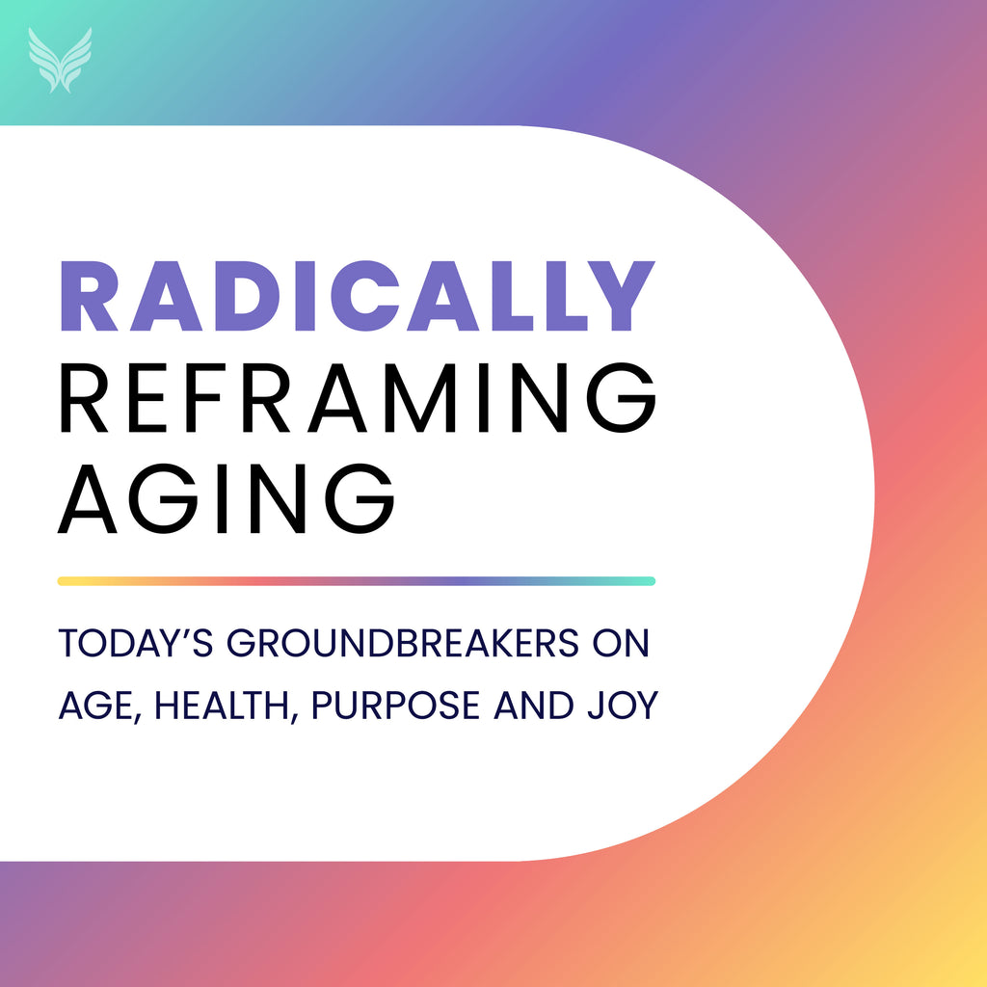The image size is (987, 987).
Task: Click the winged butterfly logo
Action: [x=60, y=60]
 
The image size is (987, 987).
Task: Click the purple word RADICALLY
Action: [x=358, y=296]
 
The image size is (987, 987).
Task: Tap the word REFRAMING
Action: [x=358, y=397]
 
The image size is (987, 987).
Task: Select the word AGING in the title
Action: [x=226, y=498]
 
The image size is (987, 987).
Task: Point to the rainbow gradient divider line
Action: [x=357, y=581]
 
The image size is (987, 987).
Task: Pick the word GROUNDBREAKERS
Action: [x=402, y=643]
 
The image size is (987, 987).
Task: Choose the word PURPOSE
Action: [x=395, y=706]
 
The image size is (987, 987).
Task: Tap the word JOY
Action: [x=624, y=706]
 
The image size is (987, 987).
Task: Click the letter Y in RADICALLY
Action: [x=621, y=296]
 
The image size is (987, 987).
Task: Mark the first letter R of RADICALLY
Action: [x=88, y=296]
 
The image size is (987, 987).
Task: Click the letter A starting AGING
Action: [x=88, y=498]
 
